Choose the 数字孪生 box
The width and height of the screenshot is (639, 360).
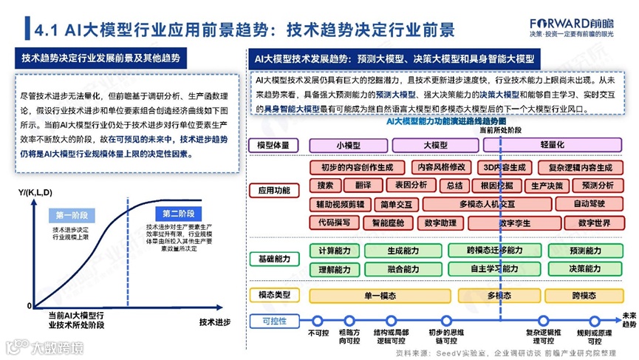click(515, 221)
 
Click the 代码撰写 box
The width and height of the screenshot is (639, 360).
click(335, 221)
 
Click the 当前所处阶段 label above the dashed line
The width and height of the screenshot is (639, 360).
click(500, 129)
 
